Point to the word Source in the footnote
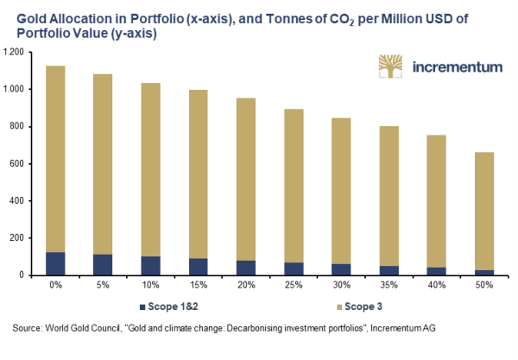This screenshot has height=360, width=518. (28, 328)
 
